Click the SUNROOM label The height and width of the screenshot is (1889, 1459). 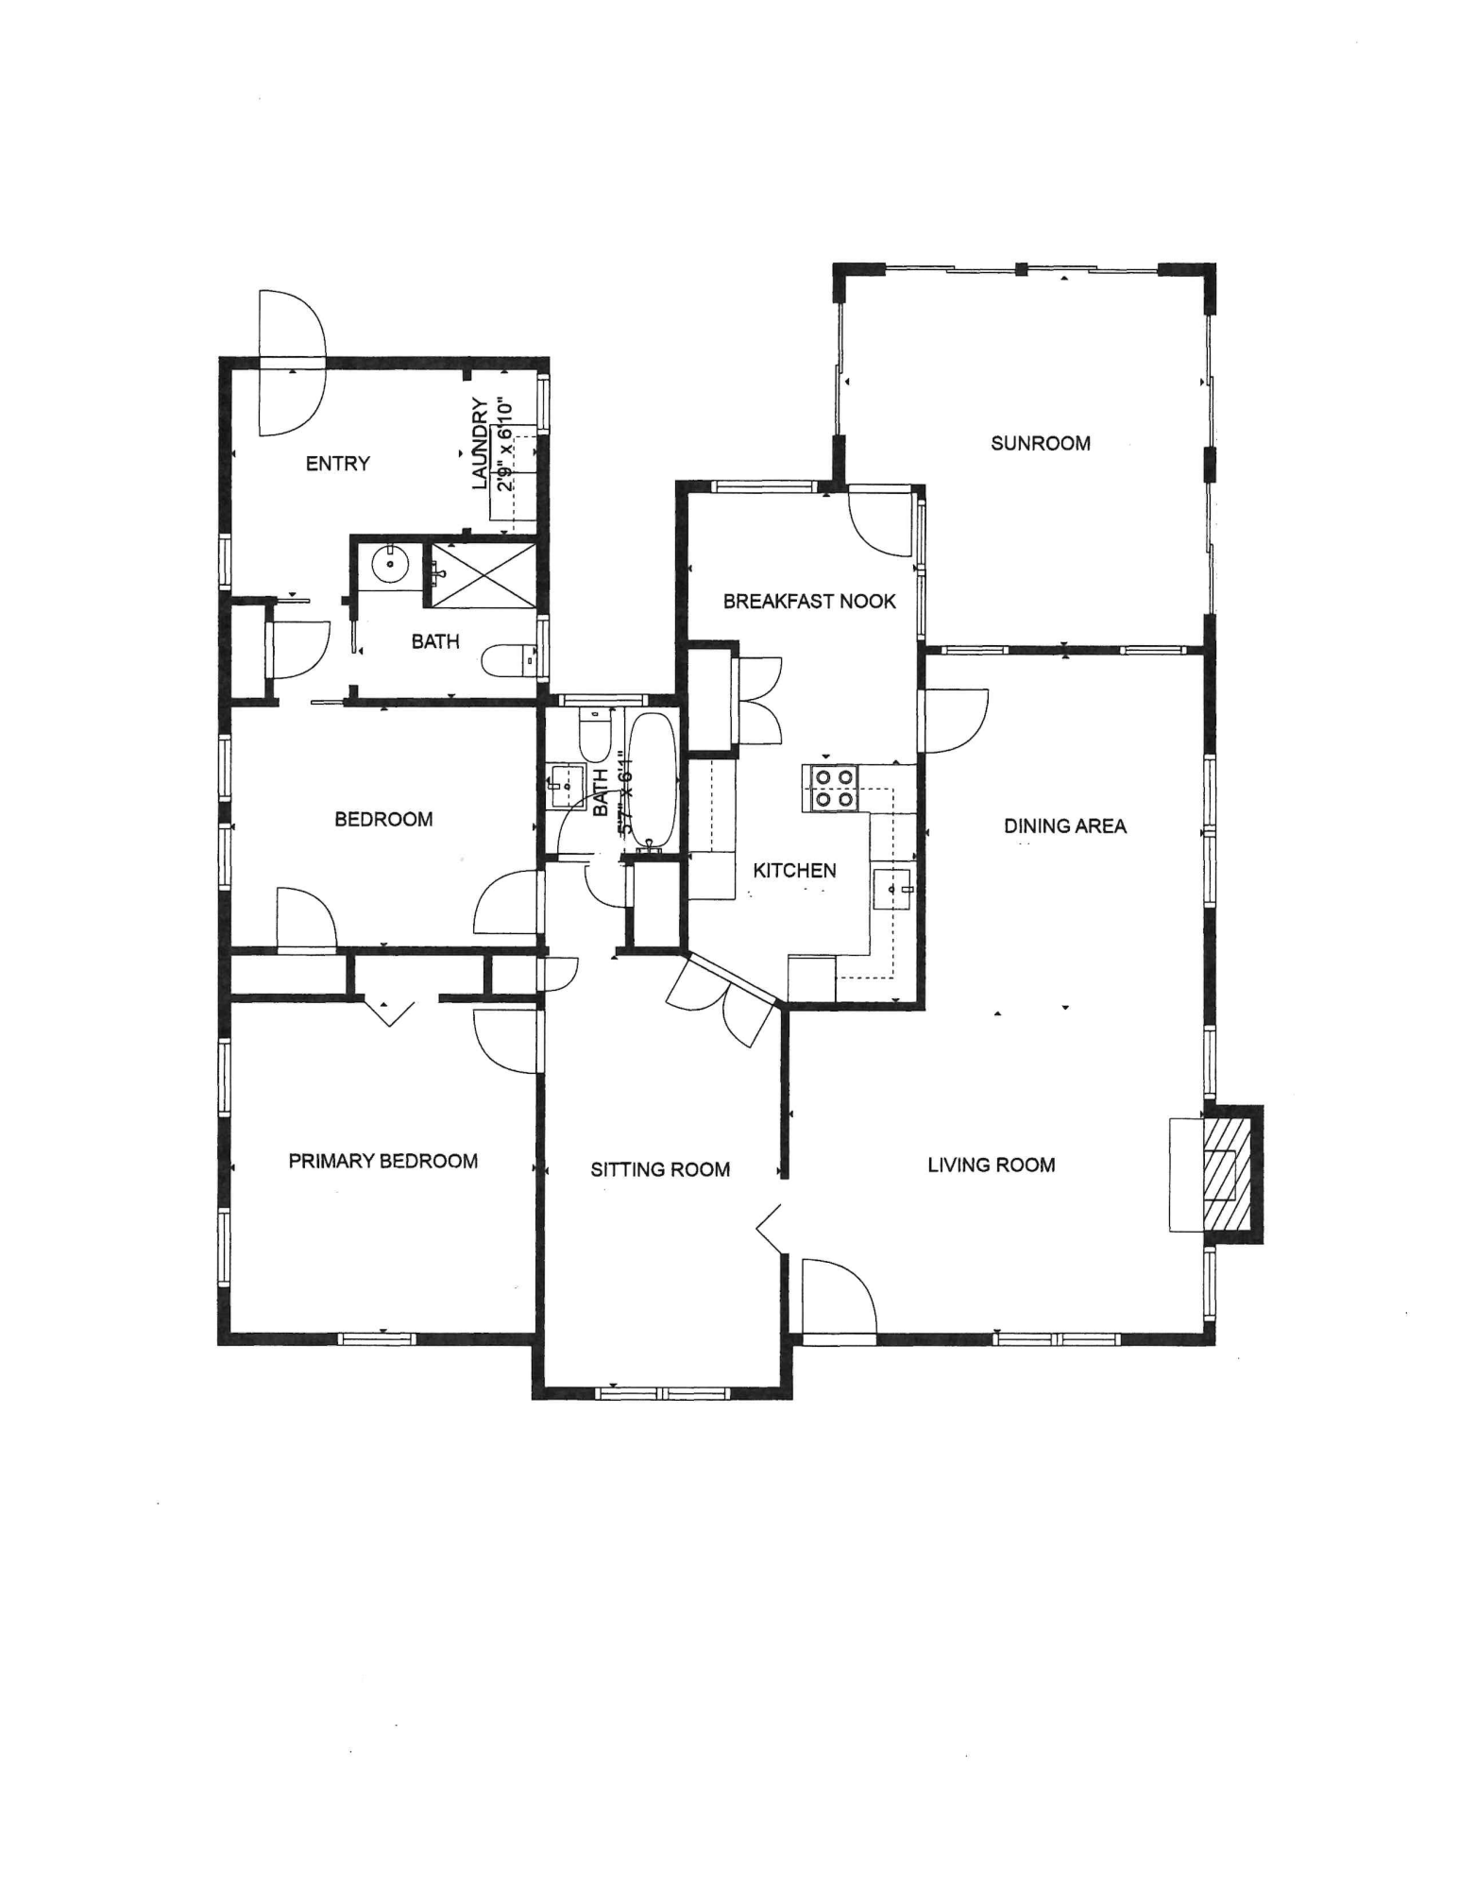click(1040, 443)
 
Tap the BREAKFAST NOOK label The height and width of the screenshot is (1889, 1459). click(809, 602)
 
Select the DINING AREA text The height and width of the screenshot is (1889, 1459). click(1064, 826)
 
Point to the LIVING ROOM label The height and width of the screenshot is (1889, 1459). click(991, 1165)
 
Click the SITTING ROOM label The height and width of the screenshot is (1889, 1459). click(660, 1169)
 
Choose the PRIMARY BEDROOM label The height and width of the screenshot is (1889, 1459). click(382, 1161)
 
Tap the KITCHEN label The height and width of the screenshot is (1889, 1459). click(794, 870)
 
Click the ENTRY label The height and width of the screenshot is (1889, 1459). click(337, 464)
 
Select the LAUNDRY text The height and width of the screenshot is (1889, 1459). click(481, 444)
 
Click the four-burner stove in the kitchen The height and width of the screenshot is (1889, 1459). click(831, 788)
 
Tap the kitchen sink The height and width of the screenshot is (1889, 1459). click(891, 889)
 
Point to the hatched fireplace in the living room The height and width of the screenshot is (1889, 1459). click(1231, 1173)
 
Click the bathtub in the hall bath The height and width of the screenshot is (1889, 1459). click(652, 780)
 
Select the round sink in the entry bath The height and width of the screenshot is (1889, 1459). click(389, 565)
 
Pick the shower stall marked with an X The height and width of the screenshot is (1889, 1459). click(483, 575)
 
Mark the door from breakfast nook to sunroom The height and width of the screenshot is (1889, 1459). click(883, 519)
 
